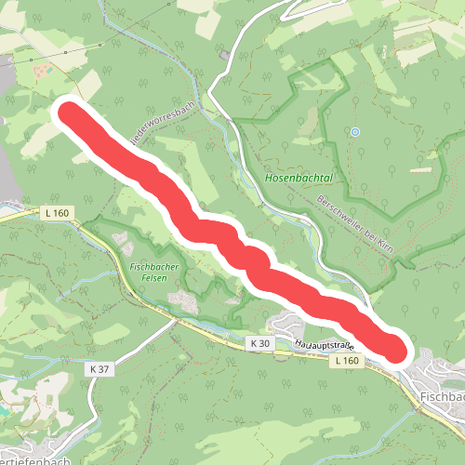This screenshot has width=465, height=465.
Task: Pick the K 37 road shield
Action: click(100, 369)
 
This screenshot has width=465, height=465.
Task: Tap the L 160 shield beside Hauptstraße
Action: click(347, 360)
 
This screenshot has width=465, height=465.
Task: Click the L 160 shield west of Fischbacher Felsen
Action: click(57, 213)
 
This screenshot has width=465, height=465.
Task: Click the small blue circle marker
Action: click(353, 132)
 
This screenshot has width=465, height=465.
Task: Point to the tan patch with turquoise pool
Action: click(39, 69)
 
